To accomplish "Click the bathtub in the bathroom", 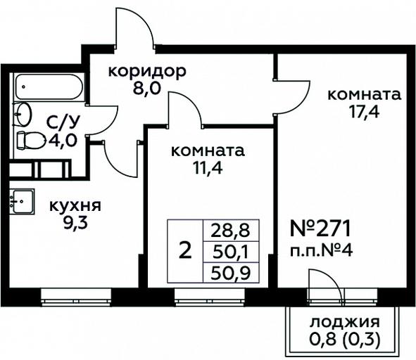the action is tap(49, 87).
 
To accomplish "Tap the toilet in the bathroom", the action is tap(31, 140).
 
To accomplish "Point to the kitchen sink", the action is tap(22, 202).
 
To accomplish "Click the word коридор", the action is tap(147, 72).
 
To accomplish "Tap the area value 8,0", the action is tap(147, 89).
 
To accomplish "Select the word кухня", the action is tap(75, 206).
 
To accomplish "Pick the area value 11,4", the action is tap(208, 168).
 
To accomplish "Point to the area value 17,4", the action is tap(365, 112).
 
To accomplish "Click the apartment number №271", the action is tap(321, 229).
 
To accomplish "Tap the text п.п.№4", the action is tap(321, 250).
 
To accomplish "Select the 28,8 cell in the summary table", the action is tap(231, 231).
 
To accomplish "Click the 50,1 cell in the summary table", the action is tap(231, 252).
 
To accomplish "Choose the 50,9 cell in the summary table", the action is tap(231, 273).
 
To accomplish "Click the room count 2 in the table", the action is tap(185, 251).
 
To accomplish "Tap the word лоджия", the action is tap(345, 322).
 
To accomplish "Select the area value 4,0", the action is tap(63, 141).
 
